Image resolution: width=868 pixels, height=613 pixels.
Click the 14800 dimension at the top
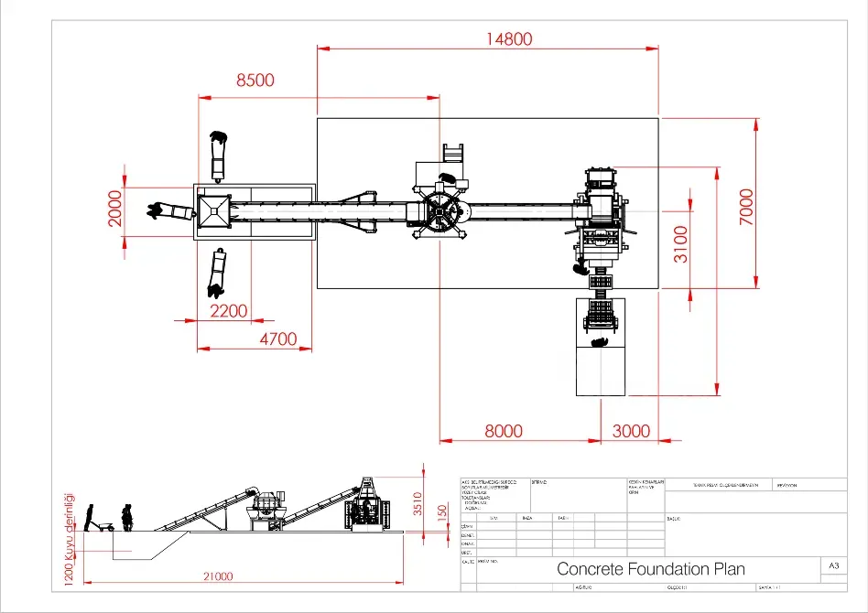[509, 38]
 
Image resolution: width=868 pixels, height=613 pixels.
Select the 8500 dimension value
[255, 81]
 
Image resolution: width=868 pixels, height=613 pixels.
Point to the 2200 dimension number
[228, 311]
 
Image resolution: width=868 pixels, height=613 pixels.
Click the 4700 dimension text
[278, 339]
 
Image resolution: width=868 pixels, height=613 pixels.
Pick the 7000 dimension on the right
[746, 208]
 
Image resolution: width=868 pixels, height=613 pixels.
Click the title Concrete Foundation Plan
[650, 569]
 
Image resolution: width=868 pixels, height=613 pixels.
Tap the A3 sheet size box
[833, 566]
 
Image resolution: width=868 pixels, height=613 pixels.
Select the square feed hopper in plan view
[214, 211]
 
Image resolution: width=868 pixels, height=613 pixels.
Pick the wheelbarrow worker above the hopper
[218, 156]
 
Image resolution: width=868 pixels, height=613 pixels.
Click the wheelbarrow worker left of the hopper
[170, 211]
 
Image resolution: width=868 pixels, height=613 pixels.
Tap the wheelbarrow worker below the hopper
[217, 273]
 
